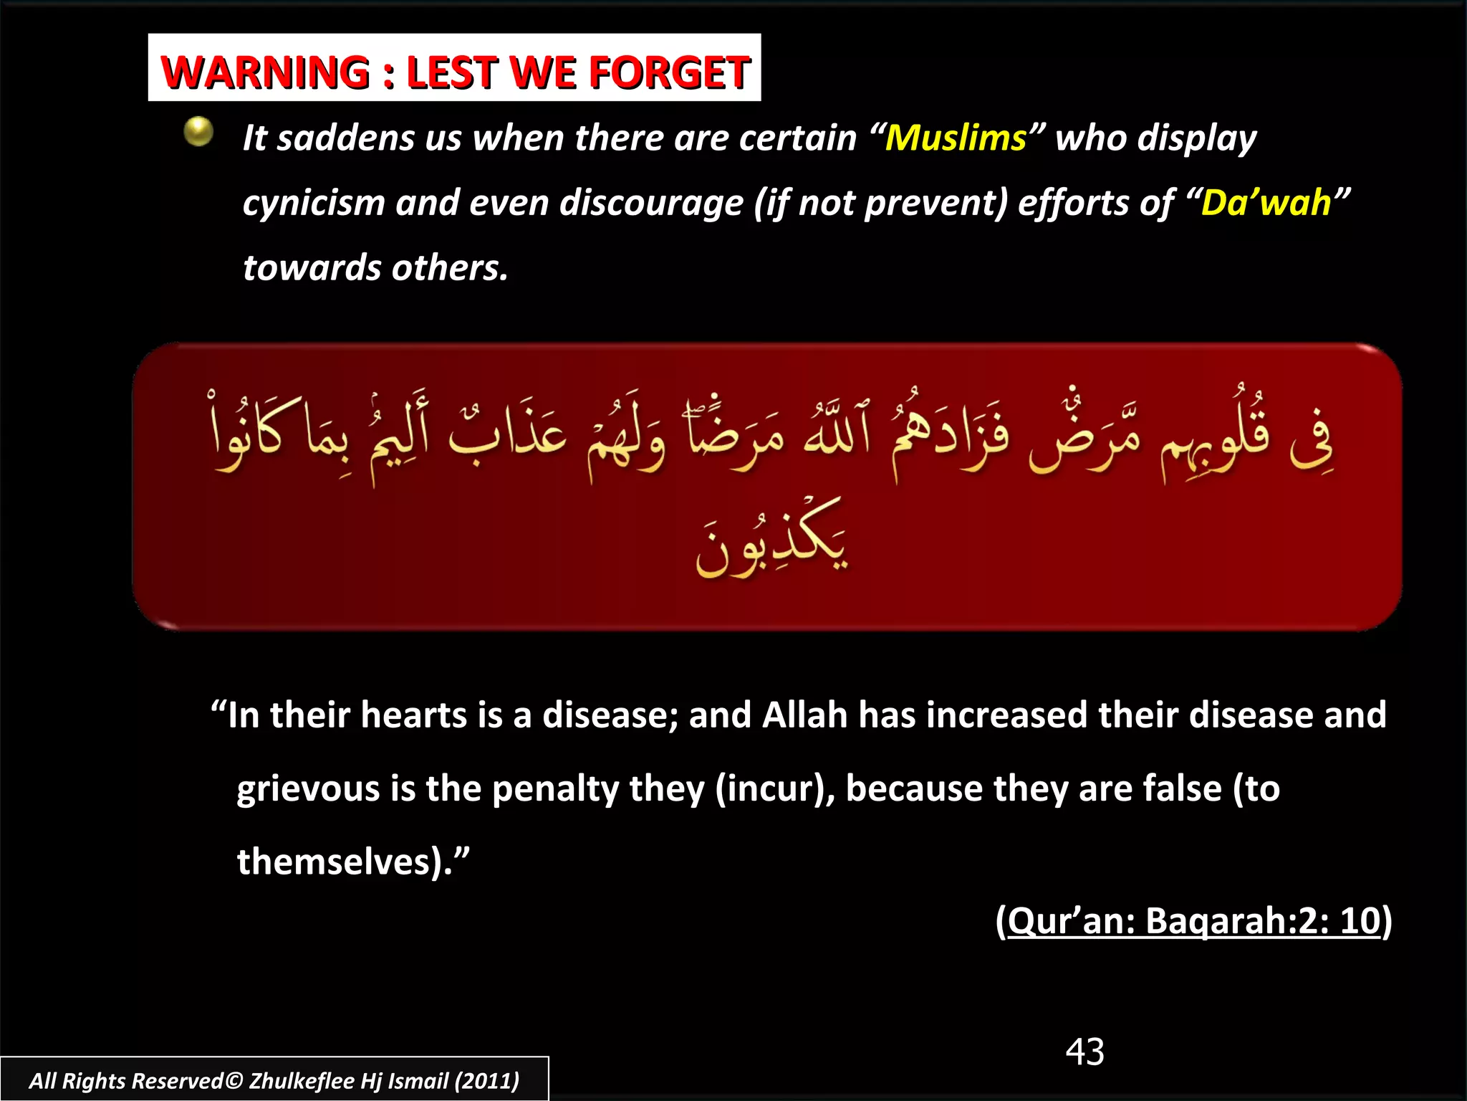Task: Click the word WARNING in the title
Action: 265,72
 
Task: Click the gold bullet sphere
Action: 198,132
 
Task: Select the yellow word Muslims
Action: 956,138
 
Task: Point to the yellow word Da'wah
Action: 1266,203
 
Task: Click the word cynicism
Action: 313,203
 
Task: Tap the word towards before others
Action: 312,268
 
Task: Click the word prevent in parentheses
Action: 935,203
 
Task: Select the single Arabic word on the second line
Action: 772,539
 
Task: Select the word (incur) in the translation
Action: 775,789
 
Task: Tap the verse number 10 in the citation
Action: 1359,920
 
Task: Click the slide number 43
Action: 1084,1052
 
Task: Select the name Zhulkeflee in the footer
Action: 301,1081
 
